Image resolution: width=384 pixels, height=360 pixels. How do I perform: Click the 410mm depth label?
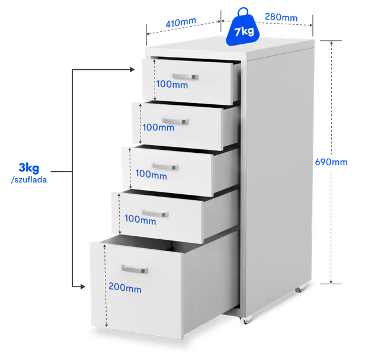coord(181,22)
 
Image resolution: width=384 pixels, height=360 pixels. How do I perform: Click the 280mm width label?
coord(281,17)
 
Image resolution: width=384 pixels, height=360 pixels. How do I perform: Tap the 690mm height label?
coord(331,162)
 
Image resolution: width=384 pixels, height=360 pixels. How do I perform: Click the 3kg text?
coord(29,168)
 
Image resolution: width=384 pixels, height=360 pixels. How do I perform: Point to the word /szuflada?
coord(29,180)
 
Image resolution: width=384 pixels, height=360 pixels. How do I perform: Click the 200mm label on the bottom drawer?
coord(125,288)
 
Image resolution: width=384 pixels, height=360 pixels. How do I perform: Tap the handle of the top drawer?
coord(185,76)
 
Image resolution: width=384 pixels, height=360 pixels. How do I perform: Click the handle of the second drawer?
coord(175,121)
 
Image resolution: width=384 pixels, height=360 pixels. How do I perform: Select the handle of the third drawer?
coord(165,166)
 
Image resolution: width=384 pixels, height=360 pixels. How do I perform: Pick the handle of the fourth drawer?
coord(155,213)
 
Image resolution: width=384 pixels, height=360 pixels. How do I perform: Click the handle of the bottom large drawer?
coord(135,269)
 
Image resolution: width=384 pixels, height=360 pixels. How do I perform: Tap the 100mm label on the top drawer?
coord(172,84)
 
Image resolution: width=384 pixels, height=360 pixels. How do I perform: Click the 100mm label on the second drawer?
coord(158,127)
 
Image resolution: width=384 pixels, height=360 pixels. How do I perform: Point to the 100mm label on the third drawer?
coord(151,174)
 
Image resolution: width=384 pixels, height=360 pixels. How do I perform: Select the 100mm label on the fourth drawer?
coord(140,219)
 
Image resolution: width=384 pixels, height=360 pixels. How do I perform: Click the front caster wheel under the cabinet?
coord(244,320)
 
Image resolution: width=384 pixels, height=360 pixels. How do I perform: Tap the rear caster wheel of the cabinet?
coord(300,289)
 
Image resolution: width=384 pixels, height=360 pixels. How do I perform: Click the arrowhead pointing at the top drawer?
coord(132,69)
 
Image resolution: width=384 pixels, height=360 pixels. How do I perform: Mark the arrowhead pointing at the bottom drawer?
coord(82,287)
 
